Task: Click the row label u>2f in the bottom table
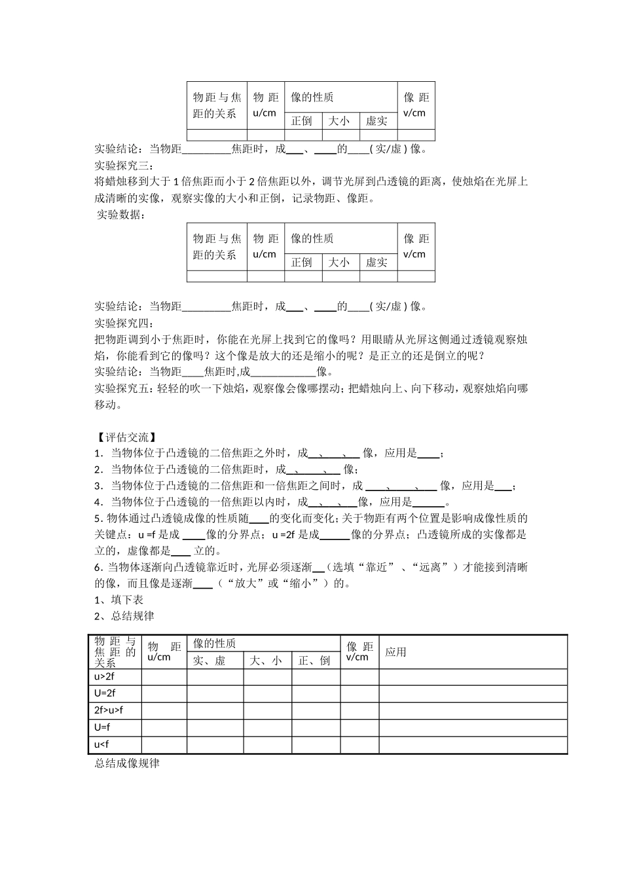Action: pos(104,677)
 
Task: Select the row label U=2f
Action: pos(104,693)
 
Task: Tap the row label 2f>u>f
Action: pos(108,710)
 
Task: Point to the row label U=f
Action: pos(102,727)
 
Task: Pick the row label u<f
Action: pos(101,744)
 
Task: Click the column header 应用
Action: pos(395,651)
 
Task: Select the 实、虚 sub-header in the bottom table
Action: pos(209,661)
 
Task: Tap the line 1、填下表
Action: pos(119,599)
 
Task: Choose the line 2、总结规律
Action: pos(124,615)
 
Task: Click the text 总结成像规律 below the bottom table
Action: pos(127,763)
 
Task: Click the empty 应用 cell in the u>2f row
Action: pos(472,677)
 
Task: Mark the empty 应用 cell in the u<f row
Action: pos(472,744)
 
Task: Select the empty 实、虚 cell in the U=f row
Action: pos(215,727)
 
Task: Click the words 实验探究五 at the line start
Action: pos(122,388)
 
